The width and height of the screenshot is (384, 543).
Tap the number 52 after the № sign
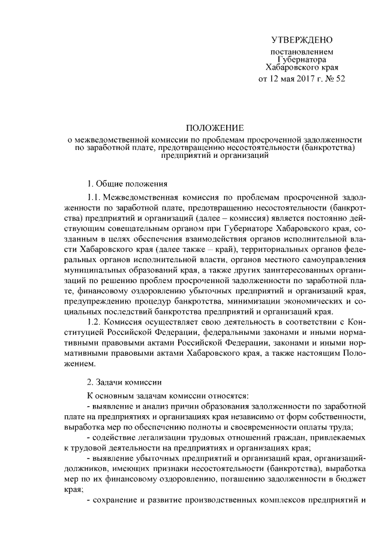point(340,78)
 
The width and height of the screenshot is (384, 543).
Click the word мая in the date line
point(273,78)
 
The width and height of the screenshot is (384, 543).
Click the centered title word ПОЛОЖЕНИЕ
point(214,128)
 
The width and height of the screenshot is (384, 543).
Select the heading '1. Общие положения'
point(127,183)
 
